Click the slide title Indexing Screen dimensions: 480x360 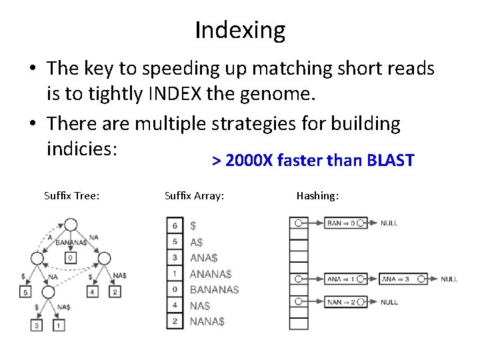point(240,30)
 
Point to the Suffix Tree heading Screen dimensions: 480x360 point(72,195)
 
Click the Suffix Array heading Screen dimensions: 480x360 point(194,195)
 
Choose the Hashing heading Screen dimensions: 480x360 point(317,195)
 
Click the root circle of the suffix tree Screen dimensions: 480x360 point(70,225)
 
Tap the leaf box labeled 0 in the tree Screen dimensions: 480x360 point(71,257)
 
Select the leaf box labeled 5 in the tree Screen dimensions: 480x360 point(25,291)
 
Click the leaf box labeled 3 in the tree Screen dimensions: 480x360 point(37,325)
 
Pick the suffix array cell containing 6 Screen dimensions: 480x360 point(175,225)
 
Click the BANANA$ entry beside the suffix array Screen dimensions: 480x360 point(214,289)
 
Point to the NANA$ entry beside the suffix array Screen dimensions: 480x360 point(207,321)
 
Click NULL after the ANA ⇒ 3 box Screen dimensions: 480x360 point(449,279)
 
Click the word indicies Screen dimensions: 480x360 point(82,147)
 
